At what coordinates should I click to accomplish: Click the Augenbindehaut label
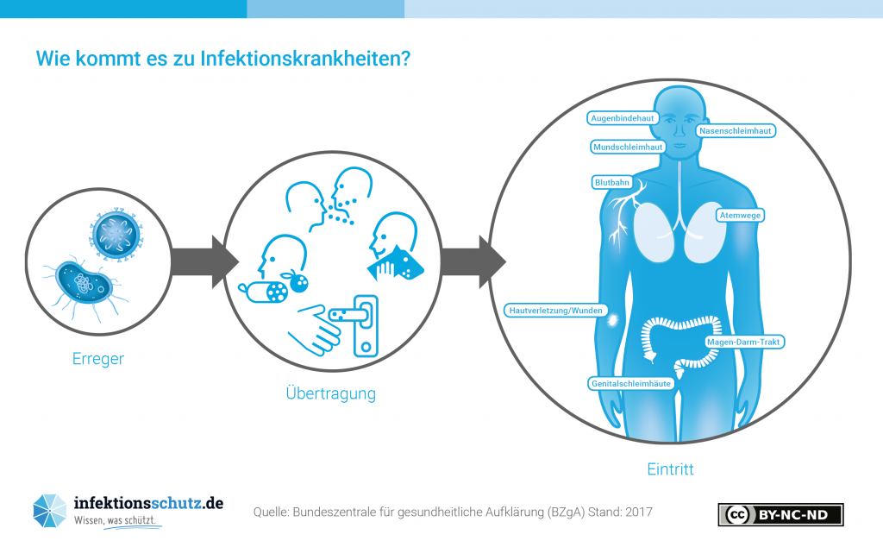pos(623,118)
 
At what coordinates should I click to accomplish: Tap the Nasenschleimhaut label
pos(735,130)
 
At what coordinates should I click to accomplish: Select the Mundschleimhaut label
pos(628,147)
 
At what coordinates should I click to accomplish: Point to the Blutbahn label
pos(612,183)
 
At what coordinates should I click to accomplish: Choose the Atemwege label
pos(740,215)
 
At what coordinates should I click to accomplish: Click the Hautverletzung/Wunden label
pos(555,311)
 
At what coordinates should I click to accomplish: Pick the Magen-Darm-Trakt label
pos(743,342)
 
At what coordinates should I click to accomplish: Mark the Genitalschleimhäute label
pos(630,384)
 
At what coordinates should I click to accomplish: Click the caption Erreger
pos(98,359)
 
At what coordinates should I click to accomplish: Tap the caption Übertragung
pos(330,393)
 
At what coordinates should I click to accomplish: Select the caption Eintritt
pos(670,469)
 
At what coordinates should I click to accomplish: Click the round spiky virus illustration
pos(116,234)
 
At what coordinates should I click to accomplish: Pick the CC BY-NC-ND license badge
pos(780,514)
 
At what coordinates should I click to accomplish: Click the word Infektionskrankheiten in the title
pos(305,59)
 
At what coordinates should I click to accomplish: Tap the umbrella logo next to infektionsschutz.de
pos(49,511)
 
